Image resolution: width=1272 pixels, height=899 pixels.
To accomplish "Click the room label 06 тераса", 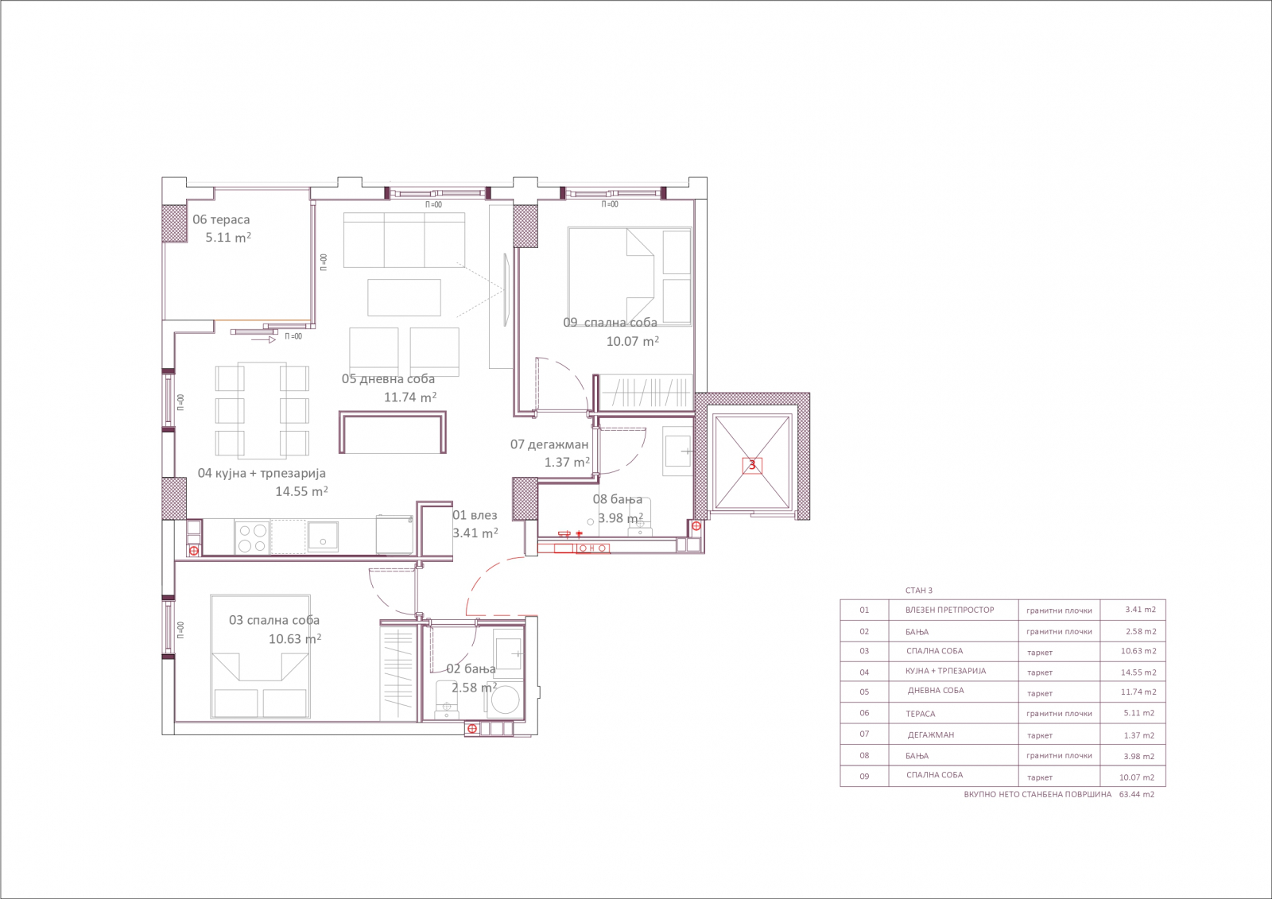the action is point(221,219).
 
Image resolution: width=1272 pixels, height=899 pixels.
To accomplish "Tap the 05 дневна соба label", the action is point(388,379).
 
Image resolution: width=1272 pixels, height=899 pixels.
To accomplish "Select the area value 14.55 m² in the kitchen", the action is point(301,491).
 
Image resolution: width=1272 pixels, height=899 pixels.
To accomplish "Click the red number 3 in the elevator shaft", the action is point(752,465).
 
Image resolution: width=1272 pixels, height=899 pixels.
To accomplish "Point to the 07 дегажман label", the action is point(549,444).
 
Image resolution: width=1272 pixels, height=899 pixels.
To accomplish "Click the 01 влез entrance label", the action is point(475,515).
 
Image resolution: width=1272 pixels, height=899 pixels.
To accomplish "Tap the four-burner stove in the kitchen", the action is point(252,537).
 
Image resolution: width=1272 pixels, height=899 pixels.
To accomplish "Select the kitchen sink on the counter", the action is point(323,537).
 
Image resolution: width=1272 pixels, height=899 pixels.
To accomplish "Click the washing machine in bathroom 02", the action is point(504,699).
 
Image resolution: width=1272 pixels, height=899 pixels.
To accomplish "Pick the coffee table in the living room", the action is point(404,297).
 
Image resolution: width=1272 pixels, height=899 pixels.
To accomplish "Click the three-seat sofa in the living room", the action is point(404,240).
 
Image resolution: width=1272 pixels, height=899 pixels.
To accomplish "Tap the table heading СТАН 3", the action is point(919,591).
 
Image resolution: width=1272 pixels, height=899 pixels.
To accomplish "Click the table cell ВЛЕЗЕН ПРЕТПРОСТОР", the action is point(949,610).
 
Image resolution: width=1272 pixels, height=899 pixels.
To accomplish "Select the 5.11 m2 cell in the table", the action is point(1138,713).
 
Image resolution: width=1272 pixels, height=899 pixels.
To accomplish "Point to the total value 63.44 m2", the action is point(1137,795).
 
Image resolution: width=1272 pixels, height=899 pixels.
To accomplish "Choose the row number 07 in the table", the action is point(863,734).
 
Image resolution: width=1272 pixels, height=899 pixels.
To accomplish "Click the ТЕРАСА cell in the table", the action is point(920,714).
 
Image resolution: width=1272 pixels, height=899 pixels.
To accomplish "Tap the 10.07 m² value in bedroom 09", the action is point(633,341).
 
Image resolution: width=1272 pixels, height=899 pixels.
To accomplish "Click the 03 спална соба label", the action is point(274,620).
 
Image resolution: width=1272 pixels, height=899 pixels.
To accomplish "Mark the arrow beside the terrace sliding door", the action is point(263,339).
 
